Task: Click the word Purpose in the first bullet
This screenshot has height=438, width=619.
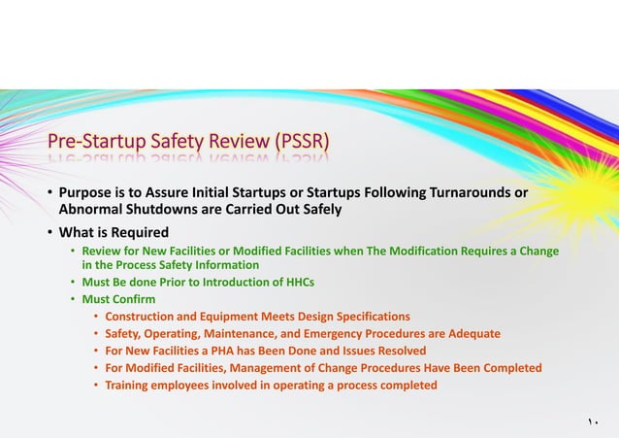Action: (x=88, y=192)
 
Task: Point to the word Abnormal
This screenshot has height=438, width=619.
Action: (x=93, y=209)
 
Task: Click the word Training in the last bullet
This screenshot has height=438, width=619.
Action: (x=131, y=385)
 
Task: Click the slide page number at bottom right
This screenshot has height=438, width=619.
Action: (x=592, y=421)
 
